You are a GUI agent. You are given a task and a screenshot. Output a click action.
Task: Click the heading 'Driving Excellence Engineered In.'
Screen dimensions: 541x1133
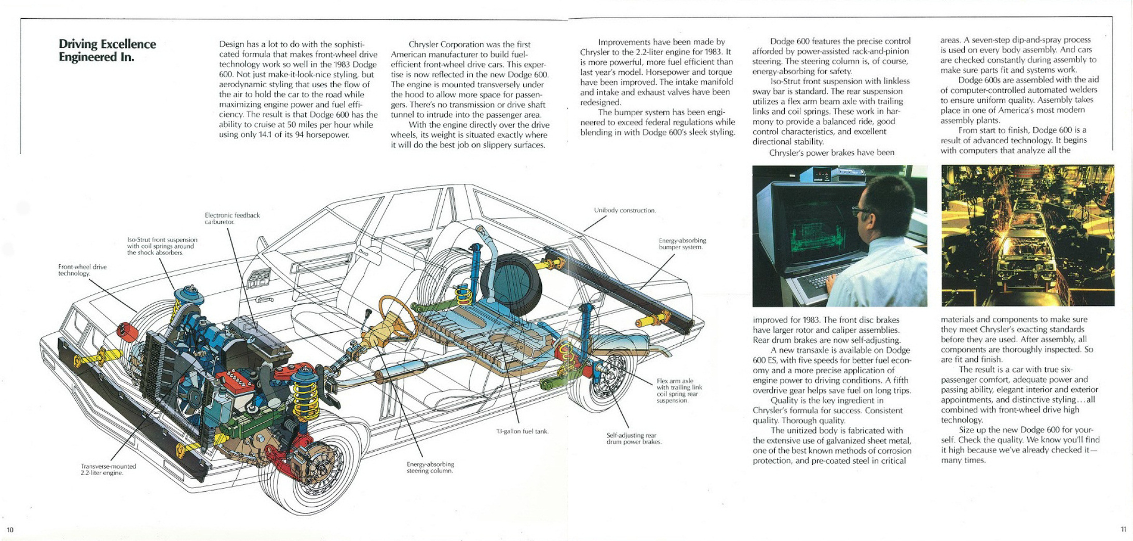107,50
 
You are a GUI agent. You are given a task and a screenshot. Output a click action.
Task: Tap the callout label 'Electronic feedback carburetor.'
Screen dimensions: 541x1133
232,218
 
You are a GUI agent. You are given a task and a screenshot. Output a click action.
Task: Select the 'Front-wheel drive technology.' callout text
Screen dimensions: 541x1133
82,270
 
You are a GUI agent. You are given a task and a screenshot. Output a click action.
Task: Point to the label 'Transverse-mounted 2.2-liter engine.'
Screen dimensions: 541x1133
108,469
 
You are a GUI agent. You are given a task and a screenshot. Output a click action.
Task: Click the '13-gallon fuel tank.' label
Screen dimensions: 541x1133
522,431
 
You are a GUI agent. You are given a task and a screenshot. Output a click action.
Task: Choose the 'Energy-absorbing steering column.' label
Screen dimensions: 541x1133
430,467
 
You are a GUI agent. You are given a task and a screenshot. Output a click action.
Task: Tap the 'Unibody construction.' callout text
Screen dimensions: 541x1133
625,210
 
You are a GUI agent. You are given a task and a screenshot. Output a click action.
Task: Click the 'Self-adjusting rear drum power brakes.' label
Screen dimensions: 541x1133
634,438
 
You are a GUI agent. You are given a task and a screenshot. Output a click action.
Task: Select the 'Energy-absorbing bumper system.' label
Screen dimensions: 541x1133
682,244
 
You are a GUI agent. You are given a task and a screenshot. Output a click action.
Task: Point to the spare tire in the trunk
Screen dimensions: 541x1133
511,285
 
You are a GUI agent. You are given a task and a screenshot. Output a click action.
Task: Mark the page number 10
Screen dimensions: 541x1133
10,530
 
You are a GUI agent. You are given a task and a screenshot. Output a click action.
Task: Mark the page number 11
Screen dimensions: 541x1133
1123,529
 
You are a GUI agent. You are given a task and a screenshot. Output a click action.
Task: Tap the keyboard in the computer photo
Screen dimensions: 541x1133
823,280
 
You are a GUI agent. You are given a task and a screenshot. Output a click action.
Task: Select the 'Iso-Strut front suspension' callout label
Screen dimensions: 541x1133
162,246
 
